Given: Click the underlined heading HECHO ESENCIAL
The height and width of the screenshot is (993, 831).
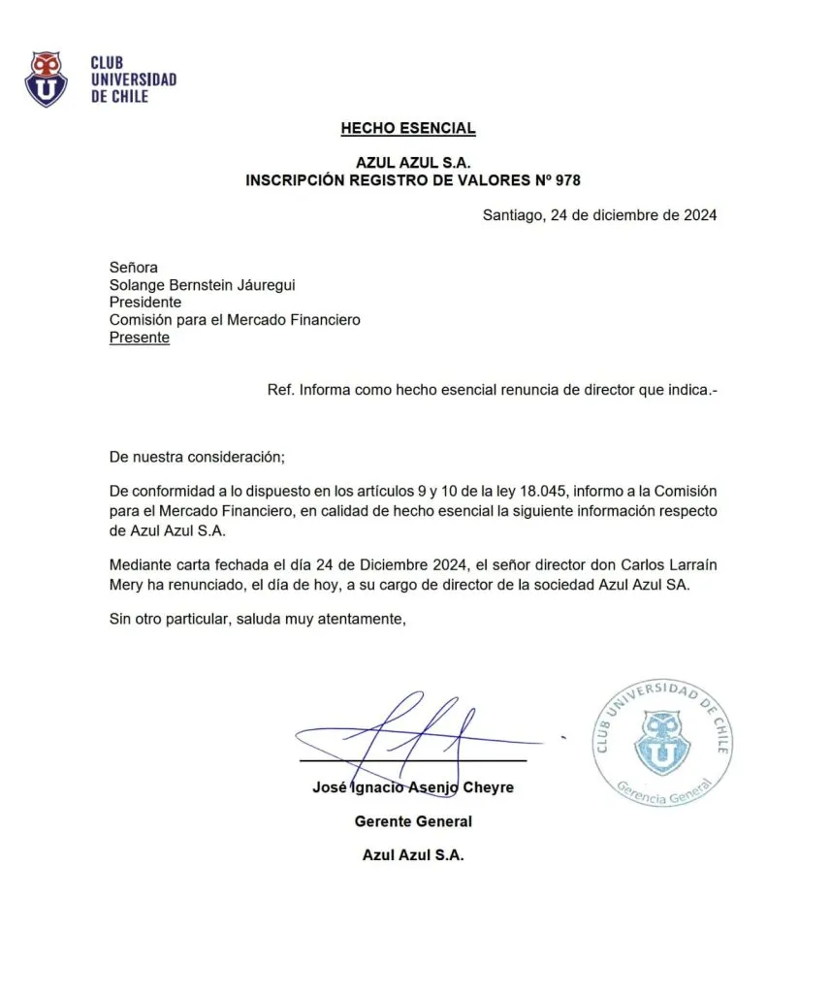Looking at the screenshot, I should [408, 128].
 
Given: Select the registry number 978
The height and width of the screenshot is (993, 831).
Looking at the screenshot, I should [567, 180].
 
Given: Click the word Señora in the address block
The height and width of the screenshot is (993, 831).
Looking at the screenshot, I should [133, 268].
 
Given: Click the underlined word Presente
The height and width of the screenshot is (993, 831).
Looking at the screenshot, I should [139, 337].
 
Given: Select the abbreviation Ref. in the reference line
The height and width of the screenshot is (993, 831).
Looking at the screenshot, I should [280, 390].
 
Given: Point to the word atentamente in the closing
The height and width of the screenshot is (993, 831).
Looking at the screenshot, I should [356, 620].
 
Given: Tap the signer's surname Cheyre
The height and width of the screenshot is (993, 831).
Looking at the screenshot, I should [488, 787].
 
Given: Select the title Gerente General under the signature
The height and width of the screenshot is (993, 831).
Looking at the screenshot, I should [413, 821].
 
